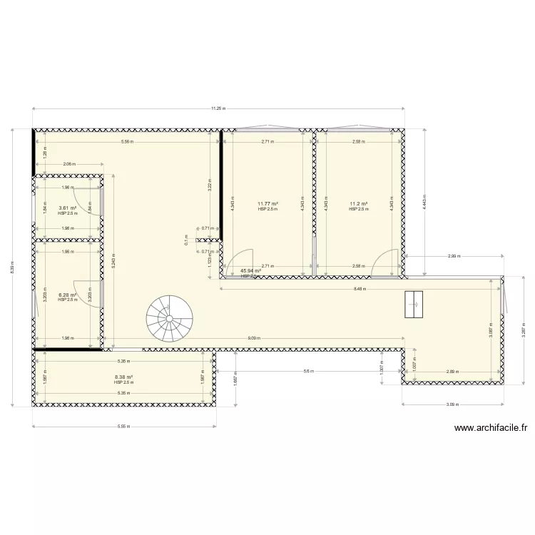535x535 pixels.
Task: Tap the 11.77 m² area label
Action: click(x=267, y=203)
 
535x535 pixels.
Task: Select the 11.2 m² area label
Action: click(x=358, y=203)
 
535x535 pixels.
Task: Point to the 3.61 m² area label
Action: click(x=67, y=208)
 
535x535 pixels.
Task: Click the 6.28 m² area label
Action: click(x=67, y=295)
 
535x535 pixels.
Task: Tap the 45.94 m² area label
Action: click(x=250, y=271)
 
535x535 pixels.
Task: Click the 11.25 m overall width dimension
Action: click(x=218, y=108)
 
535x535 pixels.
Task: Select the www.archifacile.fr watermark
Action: click(x=490, y=429)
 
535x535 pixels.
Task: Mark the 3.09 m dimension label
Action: click(x=452, y=404)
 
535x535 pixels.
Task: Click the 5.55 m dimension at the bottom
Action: click(x=124, y=427)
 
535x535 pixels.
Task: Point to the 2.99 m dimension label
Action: click(x=454, y=255)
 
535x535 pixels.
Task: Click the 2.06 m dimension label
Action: click(x=68, y=164)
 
